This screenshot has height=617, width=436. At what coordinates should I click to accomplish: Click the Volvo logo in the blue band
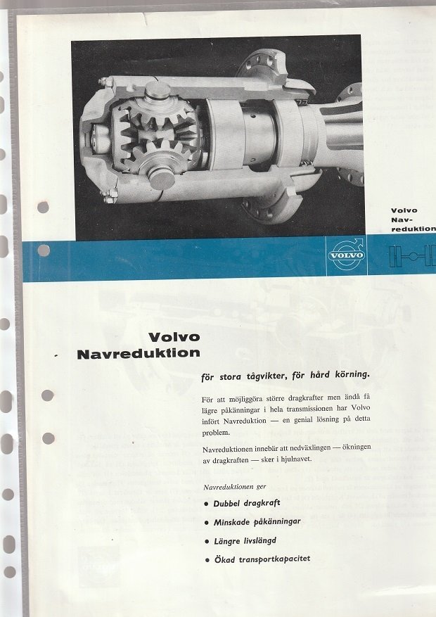(x=347, y=255)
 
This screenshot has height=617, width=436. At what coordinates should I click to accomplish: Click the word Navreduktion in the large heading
(x=139, y=353)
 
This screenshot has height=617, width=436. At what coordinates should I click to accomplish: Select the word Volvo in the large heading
(x=174, y=337)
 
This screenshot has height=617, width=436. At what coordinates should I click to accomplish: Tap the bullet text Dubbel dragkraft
(x=247, y=503)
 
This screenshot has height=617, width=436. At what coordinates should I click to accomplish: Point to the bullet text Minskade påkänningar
(x=257, y=522)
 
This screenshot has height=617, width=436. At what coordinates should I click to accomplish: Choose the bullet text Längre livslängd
(x=245, y=541)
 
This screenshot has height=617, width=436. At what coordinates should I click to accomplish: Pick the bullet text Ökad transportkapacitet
(x=262, y=559)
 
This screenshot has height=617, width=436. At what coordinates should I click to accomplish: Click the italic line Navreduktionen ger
(x=235, y=487)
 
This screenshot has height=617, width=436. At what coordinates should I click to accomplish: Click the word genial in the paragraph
(x=303, y=420)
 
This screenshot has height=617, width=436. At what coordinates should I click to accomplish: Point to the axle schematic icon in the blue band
(x=412, y=256)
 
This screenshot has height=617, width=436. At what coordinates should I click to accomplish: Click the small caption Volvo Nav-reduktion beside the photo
(x=413, y=220)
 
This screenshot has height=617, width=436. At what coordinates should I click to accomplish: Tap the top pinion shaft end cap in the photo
(x=158, y=91)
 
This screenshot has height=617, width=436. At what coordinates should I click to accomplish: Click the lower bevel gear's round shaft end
(x=162, y=178)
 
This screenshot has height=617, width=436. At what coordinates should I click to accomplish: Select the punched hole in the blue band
(x=44, y=250)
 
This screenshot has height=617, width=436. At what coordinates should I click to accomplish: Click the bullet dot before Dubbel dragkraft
(x=207, y=504)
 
